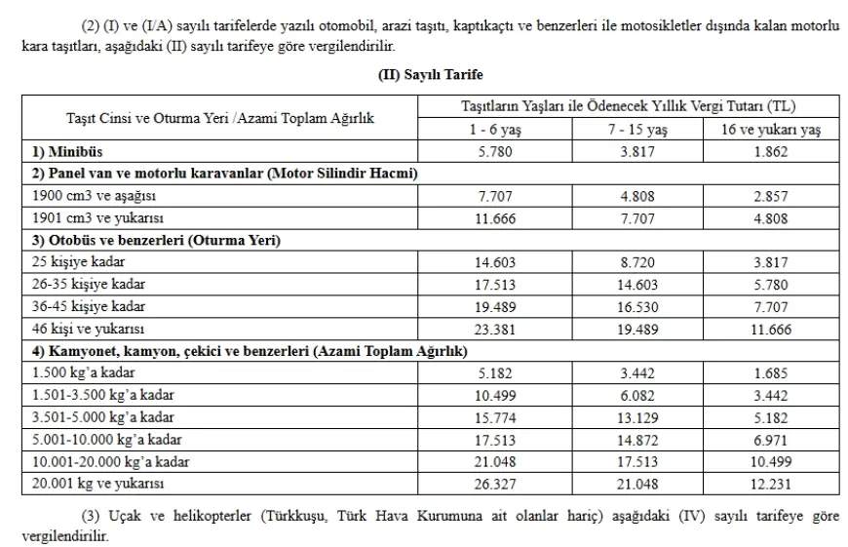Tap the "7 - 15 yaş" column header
pyautogui.click(x=637, y=130)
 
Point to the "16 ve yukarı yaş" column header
pyautogui.click(x=770, y=130)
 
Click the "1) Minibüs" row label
pyautogui.click(x=67, y=152)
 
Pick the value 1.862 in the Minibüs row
pyautogui.click(x=770, y=152)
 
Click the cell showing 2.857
pyautogui.click(x=770, y=196)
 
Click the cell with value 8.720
pyautogui.click(x=637, y=262)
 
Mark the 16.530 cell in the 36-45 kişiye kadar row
pyautogui.click(x=637, y=306)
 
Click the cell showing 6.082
pyautogui.click(x=637, y=395)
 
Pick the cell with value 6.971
pyautogui.click(x=770, y=439)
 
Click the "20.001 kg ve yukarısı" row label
pyautogui.click(x=96, y=484)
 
